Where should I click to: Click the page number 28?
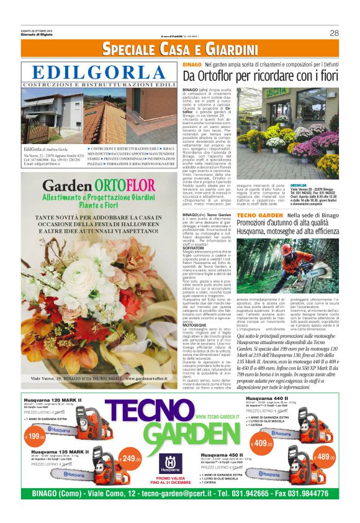pyautogui.click(x=334, y=33)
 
